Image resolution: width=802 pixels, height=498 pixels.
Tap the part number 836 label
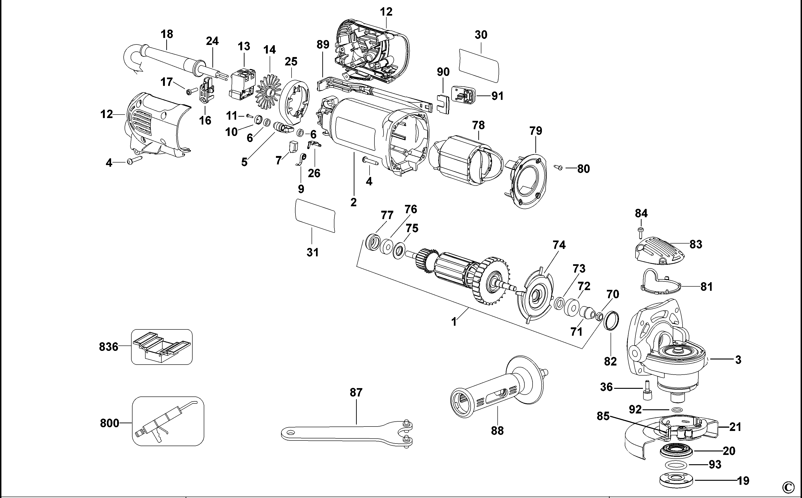click(109, 347)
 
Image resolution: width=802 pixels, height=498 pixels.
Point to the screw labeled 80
click(559, 168)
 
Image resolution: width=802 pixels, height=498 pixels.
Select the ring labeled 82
click(611, 320)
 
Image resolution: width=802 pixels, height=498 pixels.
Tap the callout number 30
click(481, 35)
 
